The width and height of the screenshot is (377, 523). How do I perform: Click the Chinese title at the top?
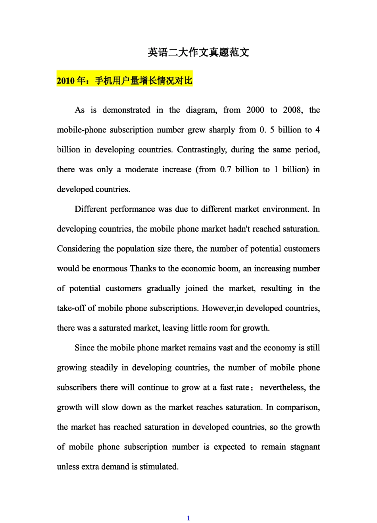[x=198, y=52]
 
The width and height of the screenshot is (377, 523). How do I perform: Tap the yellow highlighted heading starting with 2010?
[x=125, y=81]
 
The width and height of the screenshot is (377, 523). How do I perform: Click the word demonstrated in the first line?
[x=126, y=110]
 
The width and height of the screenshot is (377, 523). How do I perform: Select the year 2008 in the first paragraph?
[x=292, y=110]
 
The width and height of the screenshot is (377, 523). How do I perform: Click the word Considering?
[x=79, y=249]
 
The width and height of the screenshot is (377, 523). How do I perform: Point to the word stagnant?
[x=303, y=447]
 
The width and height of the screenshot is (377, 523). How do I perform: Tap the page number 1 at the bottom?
[x=188, y=518]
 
